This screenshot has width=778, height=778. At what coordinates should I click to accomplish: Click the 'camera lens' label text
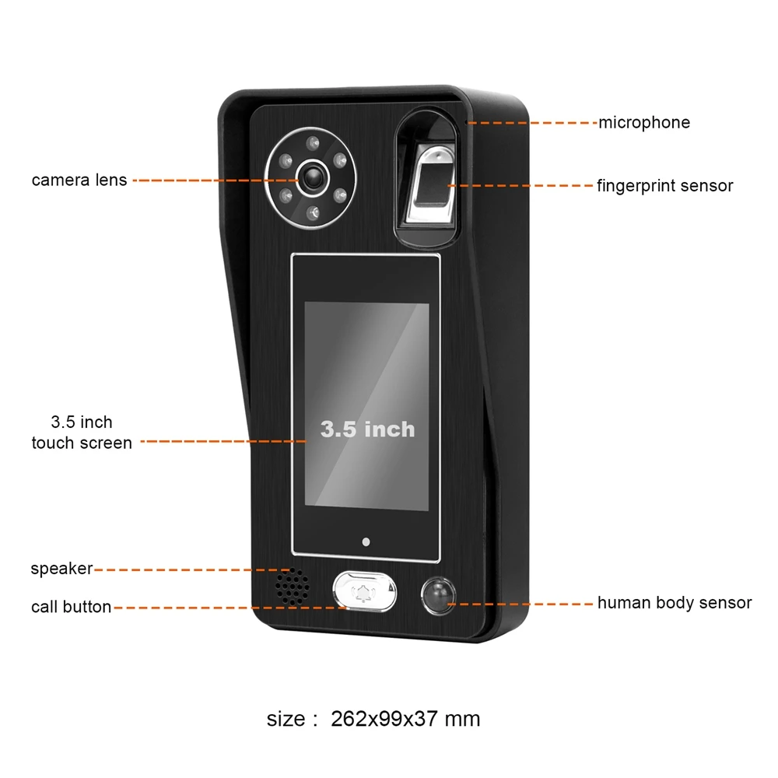tap(79, 180)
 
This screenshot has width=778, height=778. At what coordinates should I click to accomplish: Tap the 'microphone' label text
tap(643, 122)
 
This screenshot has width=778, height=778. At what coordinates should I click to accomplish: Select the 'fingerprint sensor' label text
tap(664, 186)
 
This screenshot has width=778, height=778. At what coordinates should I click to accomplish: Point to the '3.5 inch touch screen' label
tap(82, 433)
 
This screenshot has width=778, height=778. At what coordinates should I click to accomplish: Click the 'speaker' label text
tap(61, 569)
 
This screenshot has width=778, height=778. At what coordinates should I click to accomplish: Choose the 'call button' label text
tap(71, 607)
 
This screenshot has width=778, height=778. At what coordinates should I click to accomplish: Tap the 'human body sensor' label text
tap(674, 603)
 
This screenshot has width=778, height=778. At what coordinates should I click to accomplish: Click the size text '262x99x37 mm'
tap(405, 719)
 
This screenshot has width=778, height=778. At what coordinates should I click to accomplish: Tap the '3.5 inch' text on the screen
tap(367, 429)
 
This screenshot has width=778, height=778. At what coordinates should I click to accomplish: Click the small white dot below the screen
tap(365, 542)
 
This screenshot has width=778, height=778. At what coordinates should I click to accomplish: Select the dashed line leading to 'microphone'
tap(533, 123)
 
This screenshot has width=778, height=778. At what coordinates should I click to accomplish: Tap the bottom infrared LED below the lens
tap(311, 212)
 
